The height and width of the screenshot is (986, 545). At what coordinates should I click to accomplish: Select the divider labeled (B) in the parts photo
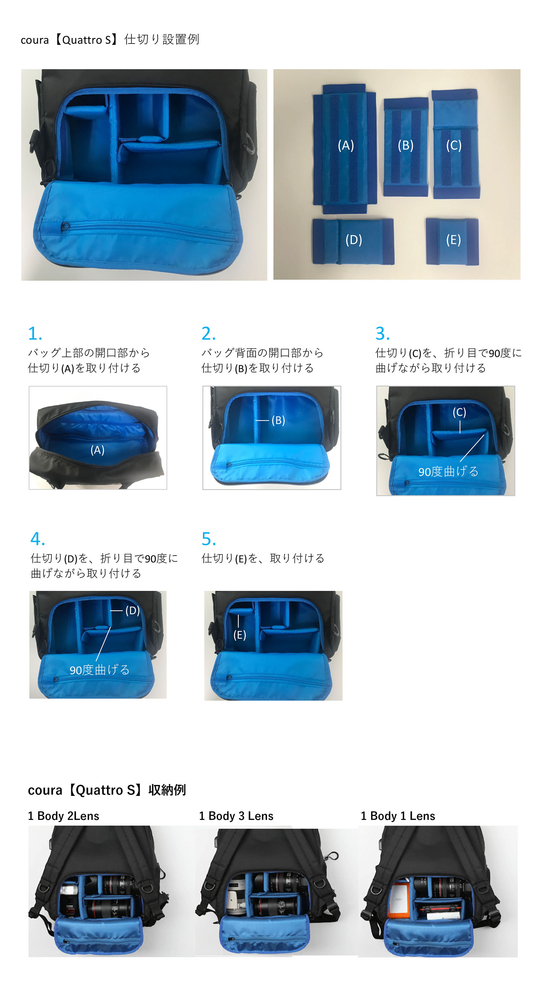(x=406, y=147)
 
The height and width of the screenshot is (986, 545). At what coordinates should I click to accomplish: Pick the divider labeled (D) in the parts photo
(x=353, y=241)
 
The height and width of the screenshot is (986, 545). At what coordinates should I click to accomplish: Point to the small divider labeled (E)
(x=452, y=241)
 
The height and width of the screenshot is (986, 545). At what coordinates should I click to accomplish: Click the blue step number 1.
(x=35, y=334)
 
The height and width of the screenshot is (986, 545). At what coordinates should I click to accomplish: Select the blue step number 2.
(x=209, y=334)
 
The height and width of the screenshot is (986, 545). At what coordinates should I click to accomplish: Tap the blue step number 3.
(x=382, y=334)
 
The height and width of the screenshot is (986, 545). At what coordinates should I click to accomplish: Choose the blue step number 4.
(x=38, y=539)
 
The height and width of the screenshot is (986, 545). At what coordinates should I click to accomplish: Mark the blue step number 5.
(x=209, y=539)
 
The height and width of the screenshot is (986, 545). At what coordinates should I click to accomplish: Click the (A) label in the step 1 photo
(x=97, y=450)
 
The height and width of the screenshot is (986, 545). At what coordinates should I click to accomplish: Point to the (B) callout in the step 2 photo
(x=278, y=420)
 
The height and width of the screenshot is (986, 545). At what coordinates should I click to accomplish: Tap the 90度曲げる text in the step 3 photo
(x=448, y=472)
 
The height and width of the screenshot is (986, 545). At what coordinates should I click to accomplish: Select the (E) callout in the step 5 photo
(x=240, y=635)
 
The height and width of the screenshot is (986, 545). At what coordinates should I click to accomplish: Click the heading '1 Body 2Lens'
(x=64, y=816)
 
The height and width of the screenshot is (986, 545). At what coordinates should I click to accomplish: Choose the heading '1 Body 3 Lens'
(x=236, y=816)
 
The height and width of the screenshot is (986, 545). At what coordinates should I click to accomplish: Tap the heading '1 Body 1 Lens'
(x=398, y=816)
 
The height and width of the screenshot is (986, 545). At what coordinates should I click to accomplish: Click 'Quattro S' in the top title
(x=87, y=40)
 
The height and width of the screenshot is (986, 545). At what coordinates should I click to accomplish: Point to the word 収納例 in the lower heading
(x=167, y=790)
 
